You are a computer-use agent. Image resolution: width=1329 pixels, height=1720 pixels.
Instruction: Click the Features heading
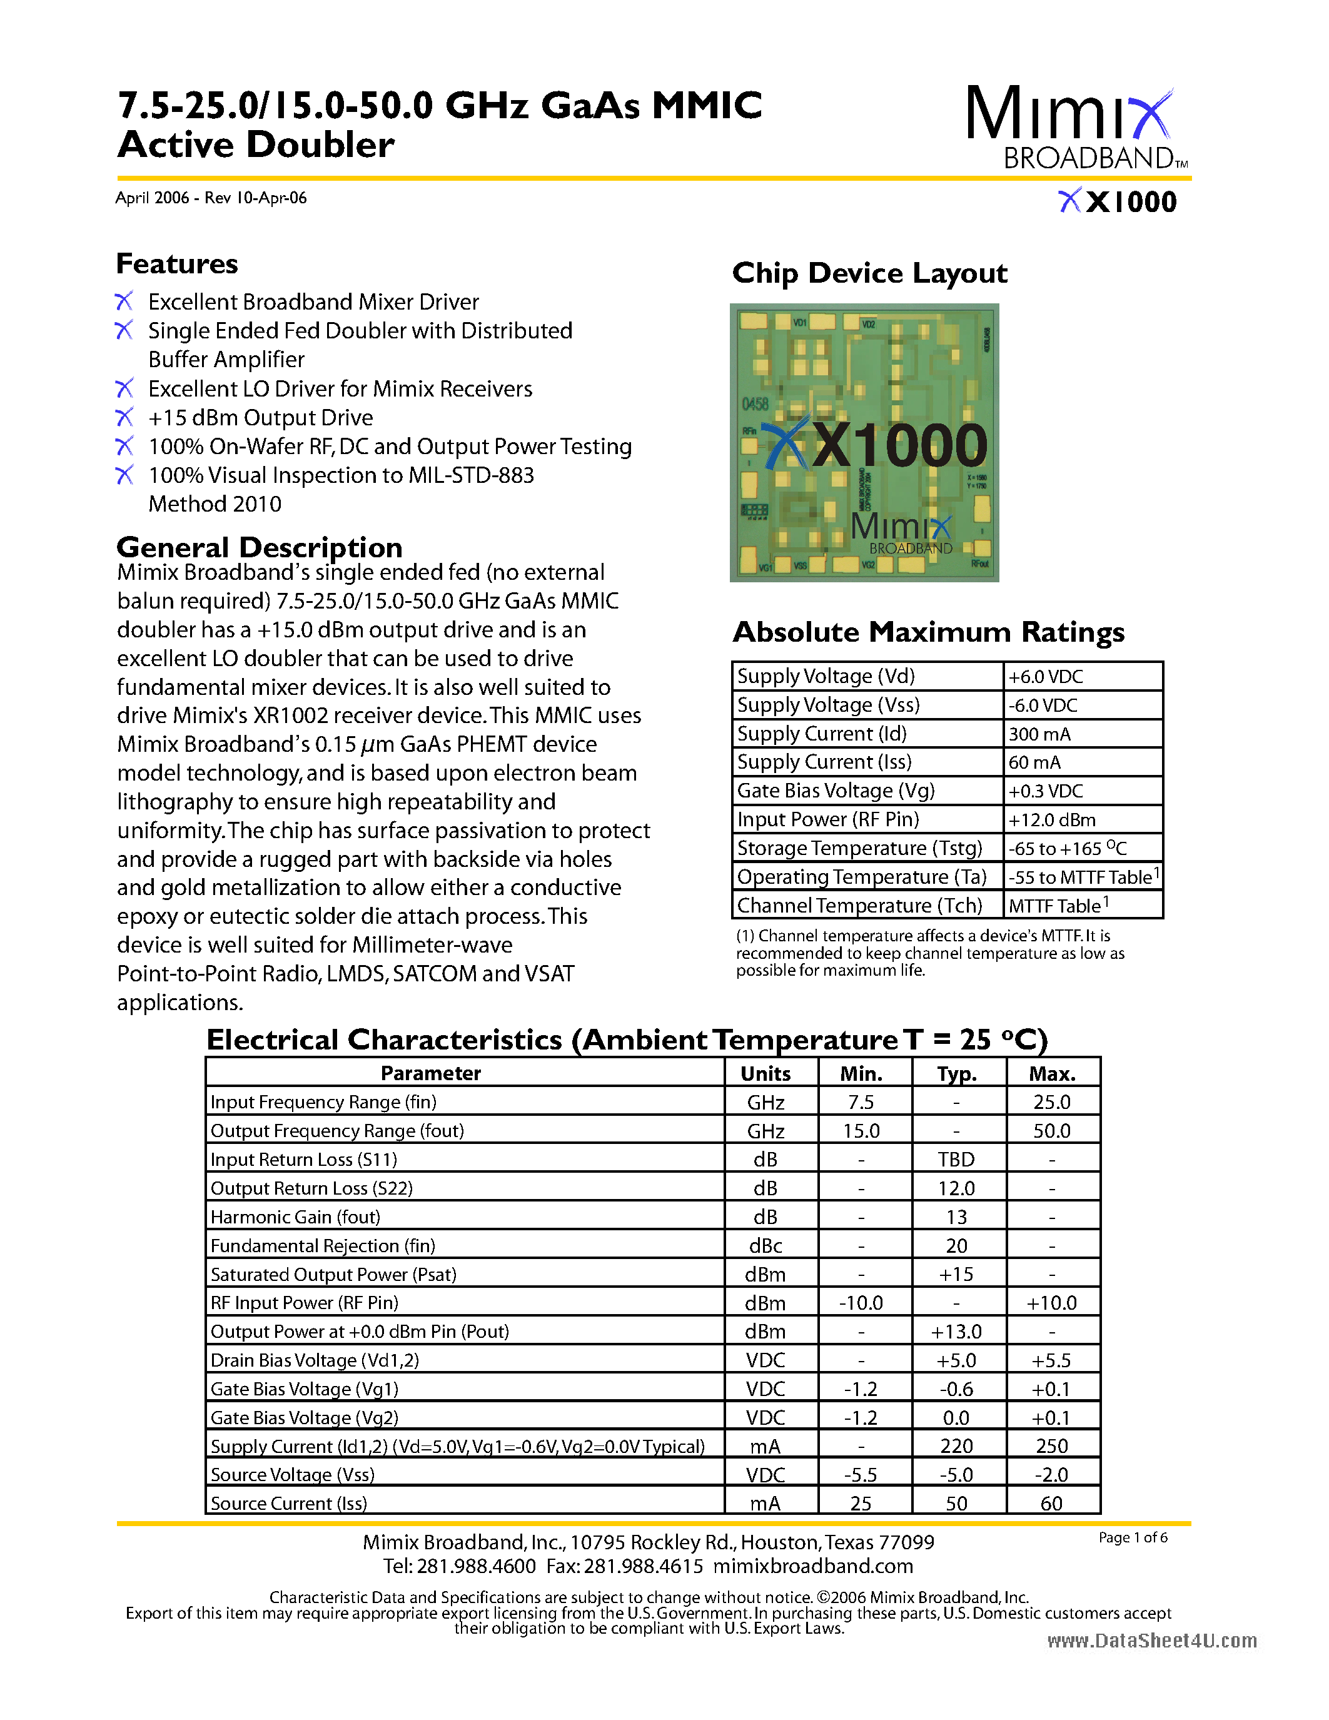click(177, 264)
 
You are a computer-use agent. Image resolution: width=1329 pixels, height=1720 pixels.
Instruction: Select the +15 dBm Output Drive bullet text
click(261, 417)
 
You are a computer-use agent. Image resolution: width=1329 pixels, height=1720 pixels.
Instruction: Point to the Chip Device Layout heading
click(869, 273)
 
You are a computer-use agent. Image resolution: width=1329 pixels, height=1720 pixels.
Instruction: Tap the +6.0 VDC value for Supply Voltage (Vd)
click(1046, 677)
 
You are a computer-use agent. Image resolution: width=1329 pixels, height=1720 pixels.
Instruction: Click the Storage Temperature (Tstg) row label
click(859, 848)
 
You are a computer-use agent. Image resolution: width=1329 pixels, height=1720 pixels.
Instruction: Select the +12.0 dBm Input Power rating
click(1052, 820)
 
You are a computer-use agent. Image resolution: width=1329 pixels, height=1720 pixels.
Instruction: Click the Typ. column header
click(957, 1073)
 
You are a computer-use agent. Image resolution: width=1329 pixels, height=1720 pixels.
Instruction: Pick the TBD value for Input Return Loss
click(957, 1159)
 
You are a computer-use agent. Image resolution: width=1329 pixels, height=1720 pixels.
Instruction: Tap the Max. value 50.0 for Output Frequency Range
click(1052, 1131)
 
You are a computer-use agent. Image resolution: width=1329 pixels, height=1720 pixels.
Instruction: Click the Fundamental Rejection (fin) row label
click(323, 1246)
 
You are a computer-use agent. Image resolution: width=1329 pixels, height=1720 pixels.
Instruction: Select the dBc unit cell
click(766, 1246)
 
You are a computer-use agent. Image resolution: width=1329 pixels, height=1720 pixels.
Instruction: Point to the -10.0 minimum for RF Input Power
click(861, 1303)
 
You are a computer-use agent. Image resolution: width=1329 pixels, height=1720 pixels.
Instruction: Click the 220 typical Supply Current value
click(957, 1447)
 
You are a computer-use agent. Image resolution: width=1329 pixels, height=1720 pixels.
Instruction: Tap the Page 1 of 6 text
click(1133, 1537)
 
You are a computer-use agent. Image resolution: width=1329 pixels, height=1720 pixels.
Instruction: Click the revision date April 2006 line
click(211, 198)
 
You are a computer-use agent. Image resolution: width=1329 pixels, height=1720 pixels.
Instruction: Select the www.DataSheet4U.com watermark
click(1152, 1641)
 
